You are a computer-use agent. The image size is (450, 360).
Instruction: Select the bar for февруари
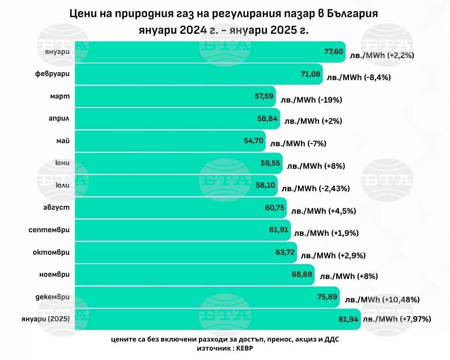(x=198, y=74)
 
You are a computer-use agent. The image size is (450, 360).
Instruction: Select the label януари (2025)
(x=45, y=319)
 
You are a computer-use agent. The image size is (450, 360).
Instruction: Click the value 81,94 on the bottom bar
(x=348, y=319)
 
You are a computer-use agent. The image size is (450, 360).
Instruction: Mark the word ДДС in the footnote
(x=332, y=340)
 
